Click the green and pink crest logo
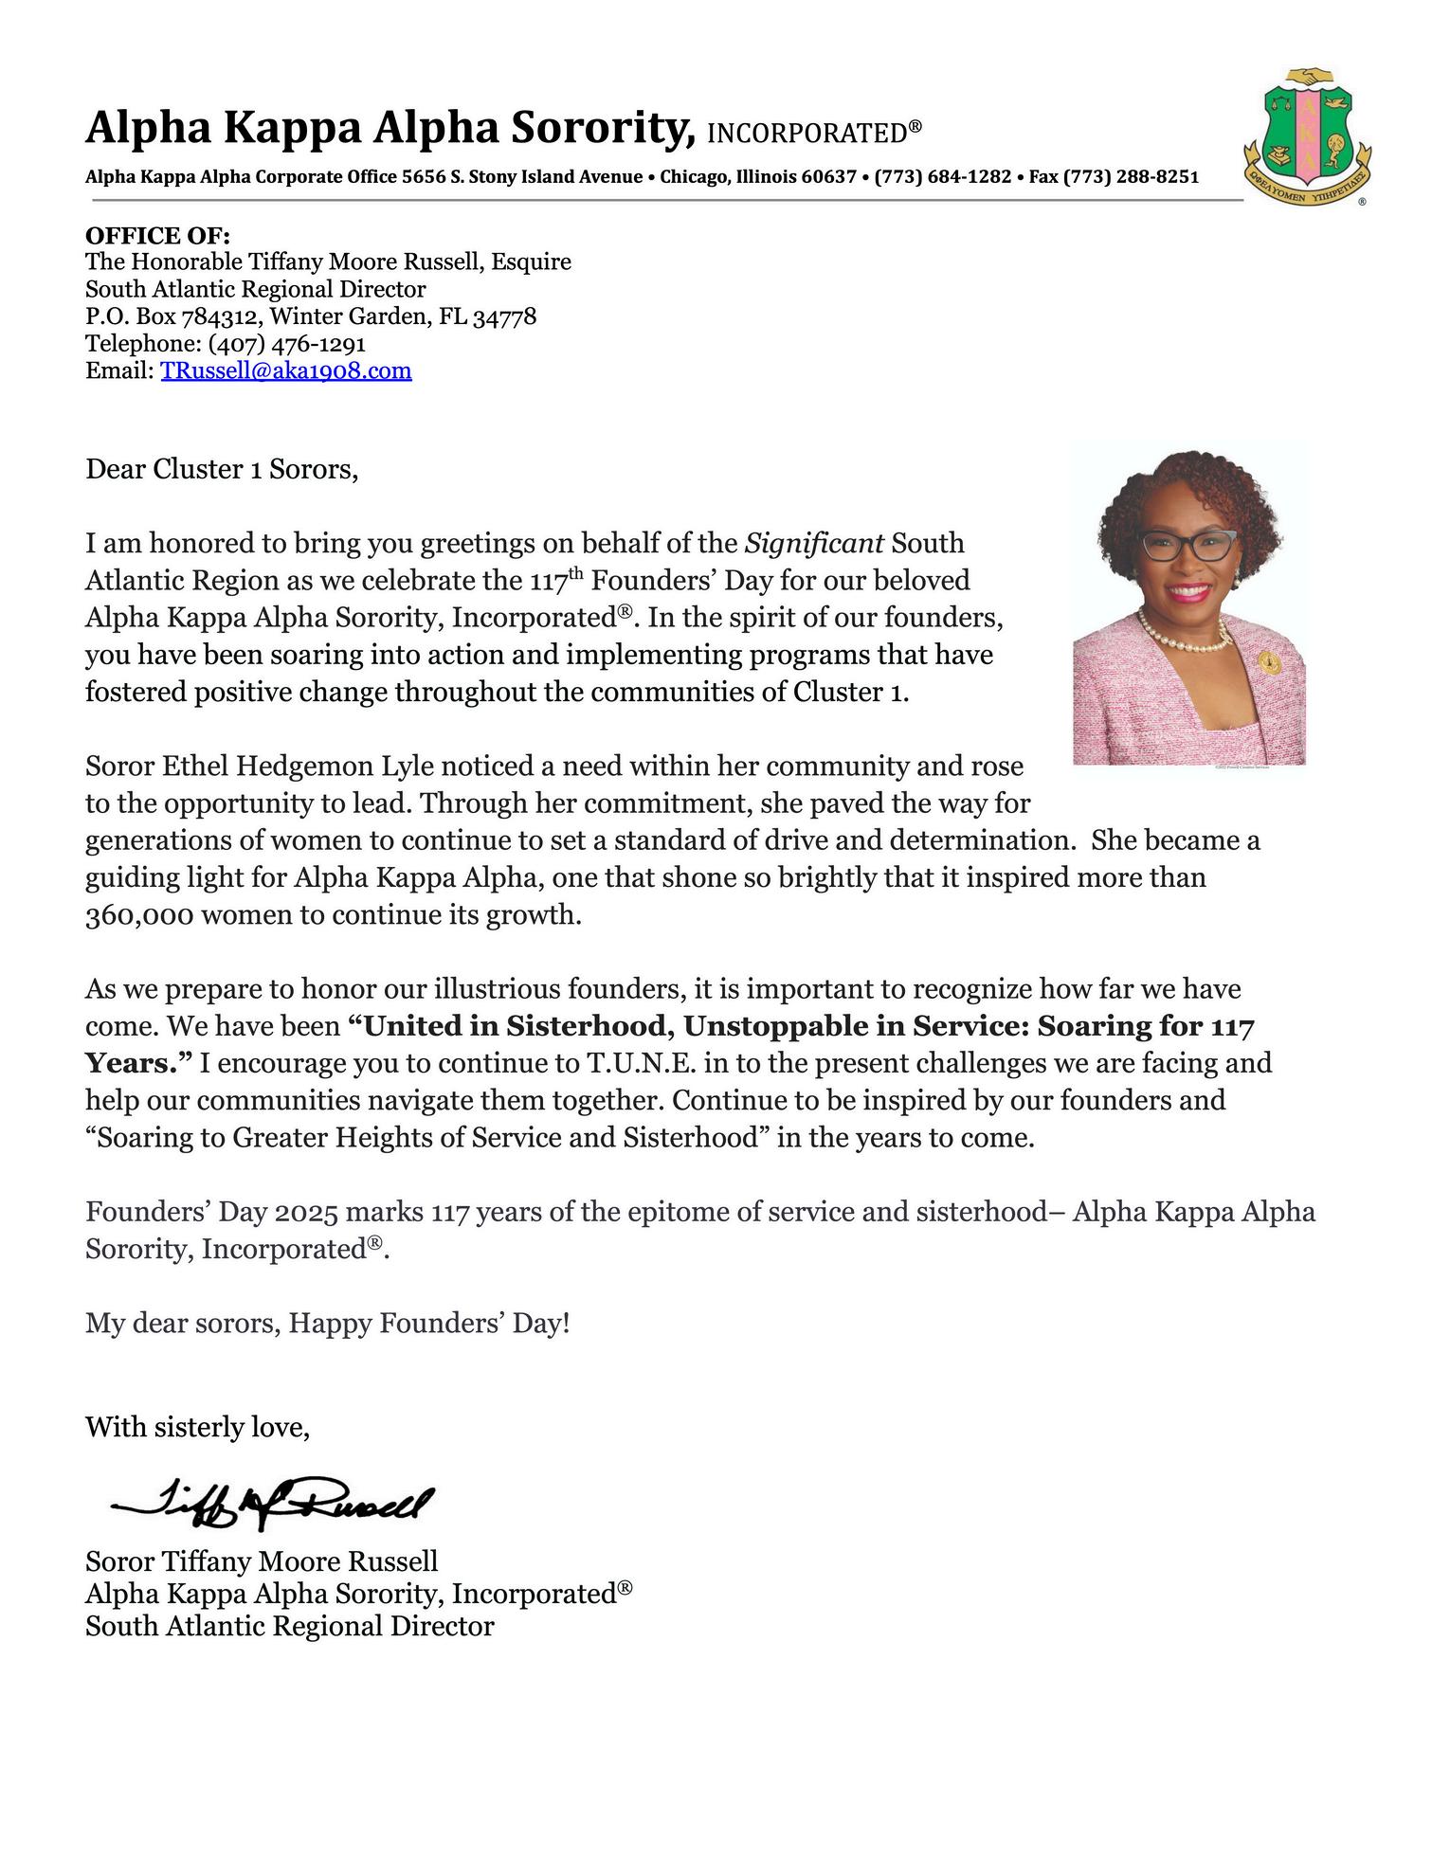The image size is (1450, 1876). (1308, 135)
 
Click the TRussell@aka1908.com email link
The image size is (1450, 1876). (285, 370)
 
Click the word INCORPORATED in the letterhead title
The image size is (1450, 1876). (807, 134)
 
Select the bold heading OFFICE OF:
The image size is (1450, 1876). (157, 236)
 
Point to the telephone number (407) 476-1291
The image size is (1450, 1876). (286, 343)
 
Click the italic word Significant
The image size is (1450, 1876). (814, 544)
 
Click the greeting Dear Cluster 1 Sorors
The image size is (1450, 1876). (222, 469)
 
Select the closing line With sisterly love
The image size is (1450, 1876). (197, 1427)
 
